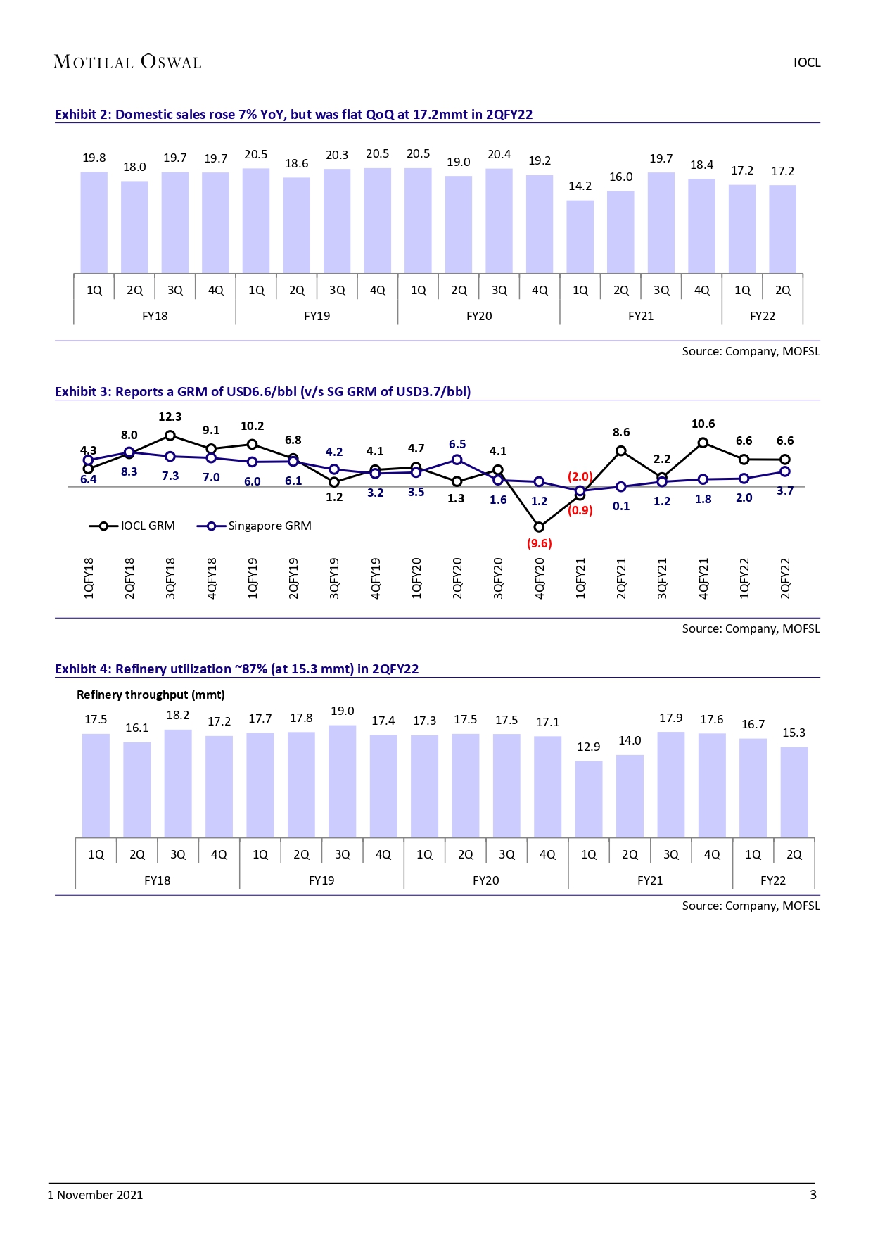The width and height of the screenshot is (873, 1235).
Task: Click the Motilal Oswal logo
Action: [x=127, y=62]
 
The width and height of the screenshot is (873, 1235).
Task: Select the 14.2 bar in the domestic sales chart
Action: [x=580, y=236]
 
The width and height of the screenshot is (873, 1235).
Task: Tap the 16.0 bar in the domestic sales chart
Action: [x=620, y=232]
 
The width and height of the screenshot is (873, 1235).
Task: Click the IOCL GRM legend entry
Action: [x=132, y=526]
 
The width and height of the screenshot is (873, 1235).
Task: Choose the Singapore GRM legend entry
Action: [x=254, y=526]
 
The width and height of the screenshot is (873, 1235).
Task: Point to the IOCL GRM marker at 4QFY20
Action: [x=539, y=526]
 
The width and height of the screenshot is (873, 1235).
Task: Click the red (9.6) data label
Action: [x=540, y=543]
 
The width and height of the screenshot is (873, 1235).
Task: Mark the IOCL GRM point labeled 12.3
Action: [x=170, y=436]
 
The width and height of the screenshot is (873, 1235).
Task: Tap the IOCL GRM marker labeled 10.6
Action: [x=703, y=443]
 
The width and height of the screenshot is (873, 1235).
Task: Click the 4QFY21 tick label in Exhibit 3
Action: [x=703, y=578]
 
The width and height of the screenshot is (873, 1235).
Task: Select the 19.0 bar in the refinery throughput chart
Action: [x=342, y=781]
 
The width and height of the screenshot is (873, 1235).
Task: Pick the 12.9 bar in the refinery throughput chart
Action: [x=589, y=799]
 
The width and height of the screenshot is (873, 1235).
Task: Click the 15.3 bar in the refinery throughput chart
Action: [x=794, y=792]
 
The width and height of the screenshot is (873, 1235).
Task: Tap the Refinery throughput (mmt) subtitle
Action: [x=151, y=695]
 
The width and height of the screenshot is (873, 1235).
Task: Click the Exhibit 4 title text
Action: [x=236, y=669]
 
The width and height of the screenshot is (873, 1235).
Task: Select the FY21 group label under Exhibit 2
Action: [x=641, y=316]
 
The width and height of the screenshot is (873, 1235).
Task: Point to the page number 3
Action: [x=813, y=1194]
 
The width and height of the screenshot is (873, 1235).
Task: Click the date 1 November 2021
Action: [x=95, y=1194]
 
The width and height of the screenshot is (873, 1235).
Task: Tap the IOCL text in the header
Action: [x=807, y=62]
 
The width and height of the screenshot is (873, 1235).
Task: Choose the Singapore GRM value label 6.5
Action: [x=457, y=444]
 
